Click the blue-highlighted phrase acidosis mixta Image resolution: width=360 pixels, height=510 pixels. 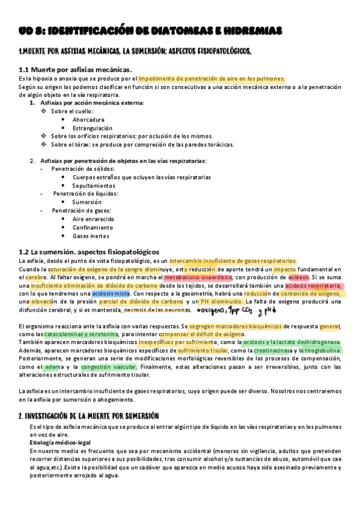[x=110, y=293]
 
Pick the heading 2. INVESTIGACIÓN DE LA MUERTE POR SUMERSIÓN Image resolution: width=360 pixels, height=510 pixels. [x=88, y=415]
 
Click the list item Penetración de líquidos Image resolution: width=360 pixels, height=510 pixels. [x=85, y=194]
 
